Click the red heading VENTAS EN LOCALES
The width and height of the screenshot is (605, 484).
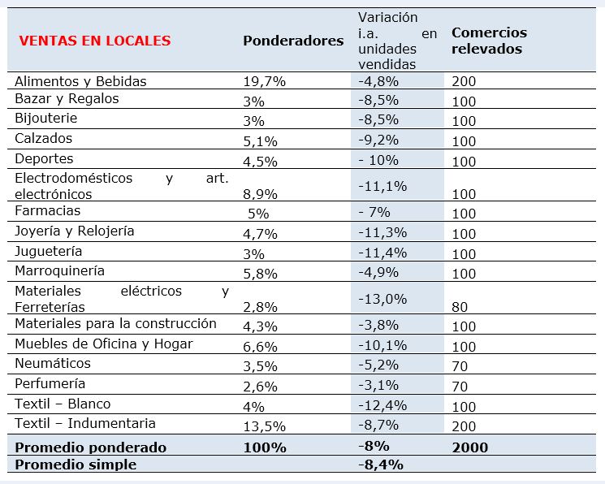95,41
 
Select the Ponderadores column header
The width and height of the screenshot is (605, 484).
293,41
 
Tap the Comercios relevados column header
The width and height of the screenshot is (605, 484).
489,41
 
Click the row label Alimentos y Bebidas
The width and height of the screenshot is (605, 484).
80,81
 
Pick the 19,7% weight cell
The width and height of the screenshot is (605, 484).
264,81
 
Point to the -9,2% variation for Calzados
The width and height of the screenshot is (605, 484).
378,140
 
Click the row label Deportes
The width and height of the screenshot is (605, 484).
44,158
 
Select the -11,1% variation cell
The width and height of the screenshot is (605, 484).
382,187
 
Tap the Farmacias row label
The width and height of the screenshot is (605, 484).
47,211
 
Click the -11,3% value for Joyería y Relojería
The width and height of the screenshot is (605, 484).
382,233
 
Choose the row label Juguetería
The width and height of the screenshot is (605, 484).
48,251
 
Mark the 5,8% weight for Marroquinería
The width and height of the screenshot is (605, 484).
260,274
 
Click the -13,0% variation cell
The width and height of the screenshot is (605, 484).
382,299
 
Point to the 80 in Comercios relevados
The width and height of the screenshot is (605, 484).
460,307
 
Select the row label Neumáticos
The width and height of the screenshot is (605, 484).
53,363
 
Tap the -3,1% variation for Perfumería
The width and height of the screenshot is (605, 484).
378,385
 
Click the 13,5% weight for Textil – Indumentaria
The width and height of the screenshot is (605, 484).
264,426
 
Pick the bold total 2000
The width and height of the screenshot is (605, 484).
470,447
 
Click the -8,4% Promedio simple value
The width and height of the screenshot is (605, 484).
381,465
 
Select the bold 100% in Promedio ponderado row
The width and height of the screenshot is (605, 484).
265,447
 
